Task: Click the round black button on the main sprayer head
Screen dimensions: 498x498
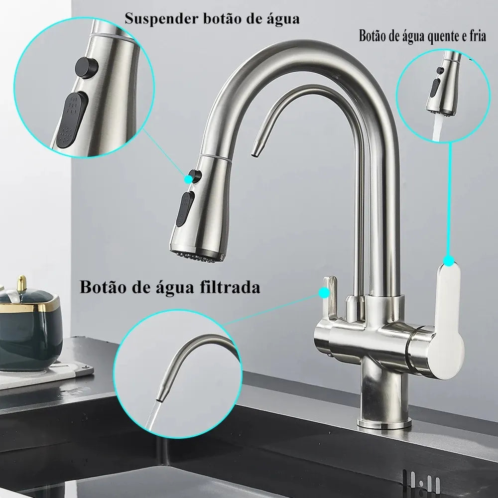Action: point(197,175)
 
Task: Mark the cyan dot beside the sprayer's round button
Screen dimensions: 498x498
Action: point(189,176)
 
